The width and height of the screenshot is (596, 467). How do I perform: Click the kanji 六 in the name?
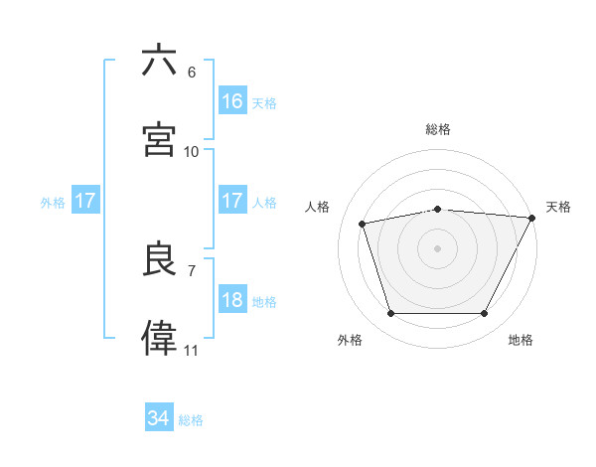[160, 61]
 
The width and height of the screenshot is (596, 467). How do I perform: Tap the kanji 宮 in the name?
[160, 139]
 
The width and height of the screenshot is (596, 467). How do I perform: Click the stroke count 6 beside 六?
[192, 73]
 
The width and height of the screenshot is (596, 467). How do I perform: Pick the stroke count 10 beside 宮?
[192, 151]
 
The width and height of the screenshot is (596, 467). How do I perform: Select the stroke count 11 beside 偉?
[192, 351]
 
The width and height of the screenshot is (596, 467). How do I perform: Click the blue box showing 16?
[232, 100]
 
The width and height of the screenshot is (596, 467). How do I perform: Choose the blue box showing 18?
[232, 300]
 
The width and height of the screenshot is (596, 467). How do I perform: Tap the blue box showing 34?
[159, 418]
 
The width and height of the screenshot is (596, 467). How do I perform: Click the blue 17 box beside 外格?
[85, 201]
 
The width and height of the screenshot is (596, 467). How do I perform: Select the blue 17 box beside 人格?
[232, 201]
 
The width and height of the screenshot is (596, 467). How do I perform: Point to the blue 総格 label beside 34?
[191, 420]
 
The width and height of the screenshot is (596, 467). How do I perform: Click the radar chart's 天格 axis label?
[559, 207]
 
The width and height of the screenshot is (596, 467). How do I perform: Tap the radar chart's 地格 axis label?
[521, 340]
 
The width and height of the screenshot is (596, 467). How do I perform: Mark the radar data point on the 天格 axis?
[533, 218]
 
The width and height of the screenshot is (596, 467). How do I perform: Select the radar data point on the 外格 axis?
[390, 313]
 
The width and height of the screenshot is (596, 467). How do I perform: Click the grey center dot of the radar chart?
[437, 247]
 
